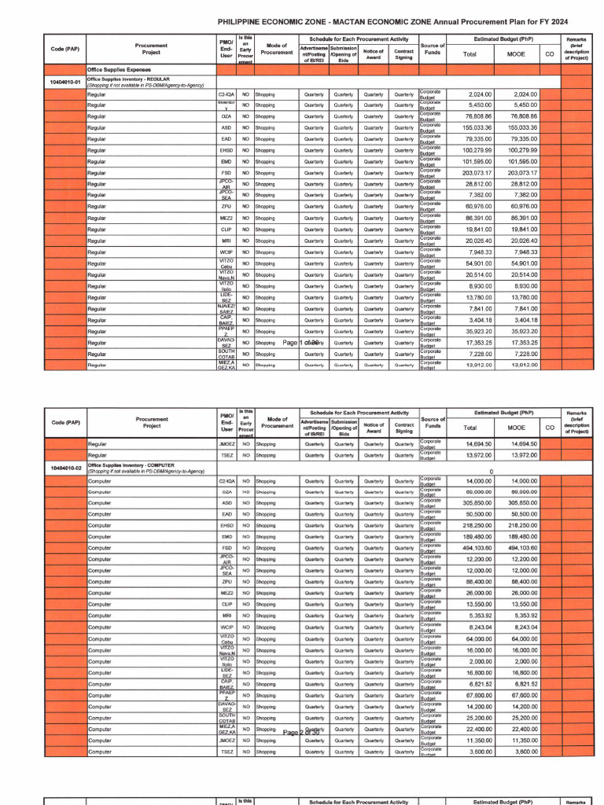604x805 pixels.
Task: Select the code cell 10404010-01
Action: point(65,82)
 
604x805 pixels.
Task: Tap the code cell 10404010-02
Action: point(65,469)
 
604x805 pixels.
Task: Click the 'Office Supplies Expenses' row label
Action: point(119,69)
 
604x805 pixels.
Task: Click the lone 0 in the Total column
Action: point(492,472)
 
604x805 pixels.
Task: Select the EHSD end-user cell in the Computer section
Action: point(226,525)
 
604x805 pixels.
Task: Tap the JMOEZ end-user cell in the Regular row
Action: point(226,444)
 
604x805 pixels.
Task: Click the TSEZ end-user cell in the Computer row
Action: point(226,752)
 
